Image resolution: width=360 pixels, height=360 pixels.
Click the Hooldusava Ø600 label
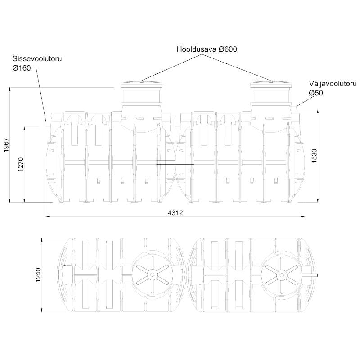click(207, 49)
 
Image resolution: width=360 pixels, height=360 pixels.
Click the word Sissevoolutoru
click(37, 59)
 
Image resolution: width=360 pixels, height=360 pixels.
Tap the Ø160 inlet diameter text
click(22, 68)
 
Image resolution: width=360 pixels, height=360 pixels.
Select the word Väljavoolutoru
click(333, 84)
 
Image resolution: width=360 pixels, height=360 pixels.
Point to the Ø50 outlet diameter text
click(316, 93)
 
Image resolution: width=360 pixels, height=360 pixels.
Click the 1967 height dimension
click(6, 145)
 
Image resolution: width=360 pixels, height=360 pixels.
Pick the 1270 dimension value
click(21, 164)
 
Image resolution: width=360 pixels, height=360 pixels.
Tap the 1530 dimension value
click(314, 156)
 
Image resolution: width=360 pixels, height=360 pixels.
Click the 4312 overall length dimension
click(175, 213)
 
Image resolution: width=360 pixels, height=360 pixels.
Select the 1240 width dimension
click(38, 275)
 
